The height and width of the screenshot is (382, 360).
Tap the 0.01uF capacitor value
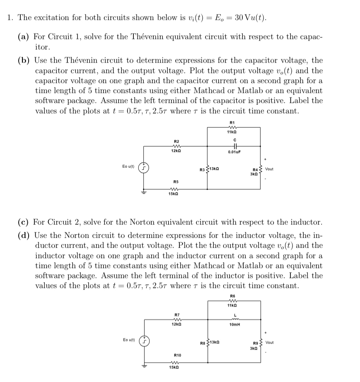[x=234, y=152]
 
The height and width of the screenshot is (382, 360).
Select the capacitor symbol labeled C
[x=234, y=145]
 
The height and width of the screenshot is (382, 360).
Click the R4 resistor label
[x=255, y=169]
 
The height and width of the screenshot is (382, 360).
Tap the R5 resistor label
[x=176, y=181]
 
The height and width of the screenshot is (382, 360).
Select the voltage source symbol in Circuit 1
[x=143, y=169]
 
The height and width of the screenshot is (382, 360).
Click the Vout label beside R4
[x=269, y=169]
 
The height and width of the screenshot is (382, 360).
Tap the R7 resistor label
[x=176, y=314]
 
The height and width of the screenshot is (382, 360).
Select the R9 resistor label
[x=255, y=343]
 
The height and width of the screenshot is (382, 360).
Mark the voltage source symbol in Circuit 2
[x=143, y=342]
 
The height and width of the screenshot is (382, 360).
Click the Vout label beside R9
[x=269, y=342]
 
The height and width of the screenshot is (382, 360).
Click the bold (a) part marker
[x=23, y=36]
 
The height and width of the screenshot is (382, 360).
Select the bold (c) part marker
[x=23, y=222]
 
